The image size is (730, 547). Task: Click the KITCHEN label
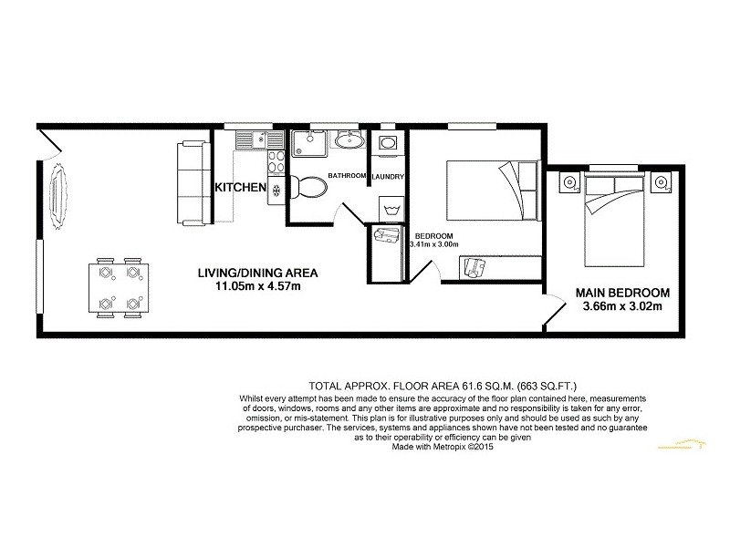[240, 188]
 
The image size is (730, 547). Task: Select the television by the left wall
[58, 196]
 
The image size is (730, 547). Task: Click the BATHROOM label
[347, 175]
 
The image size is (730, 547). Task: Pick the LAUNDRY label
[388, 175]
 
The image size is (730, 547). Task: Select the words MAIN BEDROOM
[622, 293]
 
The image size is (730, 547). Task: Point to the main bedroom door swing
[555, 308]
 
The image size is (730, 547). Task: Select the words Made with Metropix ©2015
[443, 447]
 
